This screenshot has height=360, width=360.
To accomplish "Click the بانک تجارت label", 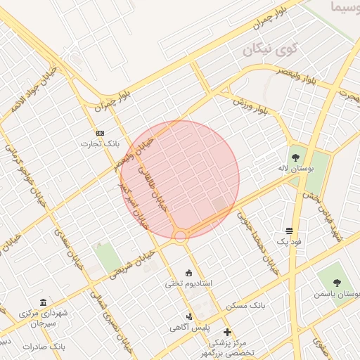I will point(100,144).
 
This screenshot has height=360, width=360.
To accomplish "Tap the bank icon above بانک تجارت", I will point(100,133).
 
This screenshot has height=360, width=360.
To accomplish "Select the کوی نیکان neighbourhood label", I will point(271,51).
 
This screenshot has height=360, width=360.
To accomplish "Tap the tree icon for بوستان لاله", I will point(294,155).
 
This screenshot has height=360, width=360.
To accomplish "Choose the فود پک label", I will point(288,241).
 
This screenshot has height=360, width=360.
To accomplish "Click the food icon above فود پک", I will point(289,231).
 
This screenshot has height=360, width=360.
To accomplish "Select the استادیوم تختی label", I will point(188,284).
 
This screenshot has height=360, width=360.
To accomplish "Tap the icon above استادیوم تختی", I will point(188,273).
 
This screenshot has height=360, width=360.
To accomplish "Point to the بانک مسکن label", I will point(242,307).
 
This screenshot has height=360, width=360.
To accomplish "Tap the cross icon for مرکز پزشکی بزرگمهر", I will point(227,332).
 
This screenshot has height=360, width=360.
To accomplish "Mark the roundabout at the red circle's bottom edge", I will point(181,236).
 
